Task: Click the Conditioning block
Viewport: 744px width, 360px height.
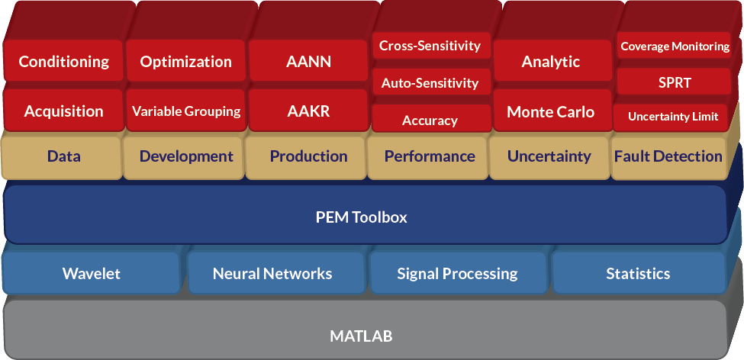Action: tap(63, 62)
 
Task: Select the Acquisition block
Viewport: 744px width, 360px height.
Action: tap(63, 111)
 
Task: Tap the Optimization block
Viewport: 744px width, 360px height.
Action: tap(185, 62)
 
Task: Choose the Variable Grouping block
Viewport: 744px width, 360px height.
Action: tap(185, 111)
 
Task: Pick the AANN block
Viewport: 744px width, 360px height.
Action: tap(308, 62)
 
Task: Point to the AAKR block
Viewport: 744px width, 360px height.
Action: tap(308, 111)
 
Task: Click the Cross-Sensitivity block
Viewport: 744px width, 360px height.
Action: tap(430, 46)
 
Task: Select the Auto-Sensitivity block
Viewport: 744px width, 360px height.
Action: tap(430, 82)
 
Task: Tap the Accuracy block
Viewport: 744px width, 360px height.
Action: tap(430, 120)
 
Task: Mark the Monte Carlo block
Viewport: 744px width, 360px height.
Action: tap(551, 111)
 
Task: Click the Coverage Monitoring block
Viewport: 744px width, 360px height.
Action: tap(675, 47)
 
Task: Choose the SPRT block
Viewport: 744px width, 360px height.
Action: tap(675, 82)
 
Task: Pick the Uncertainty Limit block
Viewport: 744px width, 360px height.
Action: tap(673, 117)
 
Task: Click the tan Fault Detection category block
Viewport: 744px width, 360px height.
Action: tap(668, 156)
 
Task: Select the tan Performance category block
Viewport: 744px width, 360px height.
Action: tap(430, 156)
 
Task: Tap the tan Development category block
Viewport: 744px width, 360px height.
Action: tap(186, 156)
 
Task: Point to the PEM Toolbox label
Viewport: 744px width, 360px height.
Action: tap(362, 217)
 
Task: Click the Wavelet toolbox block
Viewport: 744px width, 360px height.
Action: tap(92, 273)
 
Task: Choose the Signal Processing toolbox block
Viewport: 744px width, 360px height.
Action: tap(457, 273)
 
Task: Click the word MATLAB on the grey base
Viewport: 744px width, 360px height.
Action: tap(362, 336)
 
